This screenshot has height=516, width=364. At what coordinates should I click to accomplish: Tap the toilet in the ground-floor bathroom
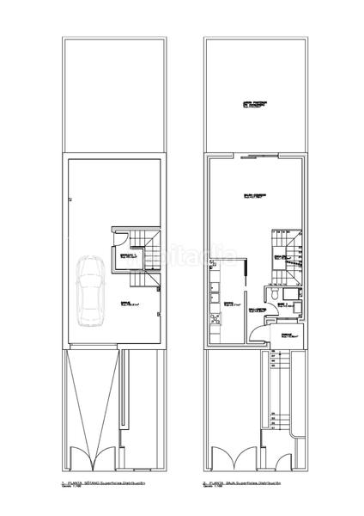[x=272, y=295]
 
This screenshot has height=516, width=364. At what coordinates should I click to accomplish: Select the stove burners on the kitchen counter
[x=211, y=322]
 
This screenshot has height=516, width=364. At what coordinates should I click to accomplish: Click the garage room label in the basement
[x=130, y=303]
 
